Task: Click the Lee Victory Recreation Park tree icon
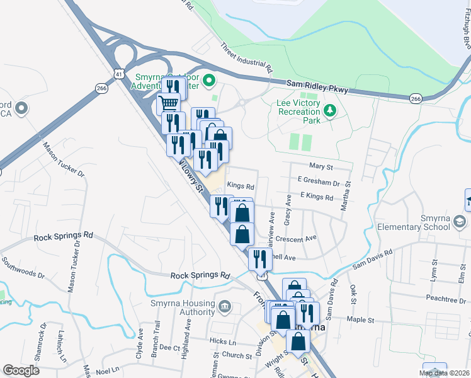(x=330, y=111)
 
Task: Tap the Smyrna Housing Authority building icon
(x=225, y=307)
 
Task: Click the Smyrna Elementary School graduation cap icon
(x=460, y=221)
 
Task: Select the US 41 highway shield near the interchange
(x=118, y=74)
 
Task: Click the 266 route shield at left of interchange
(x=101, y=89)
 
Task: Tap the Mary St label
(x=321, y=166)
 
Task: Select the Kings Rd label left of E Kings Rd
(x=240, y=186)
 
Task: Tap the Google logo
(x=21, y=370)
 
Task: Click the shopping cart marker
(x=168, y=103)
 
